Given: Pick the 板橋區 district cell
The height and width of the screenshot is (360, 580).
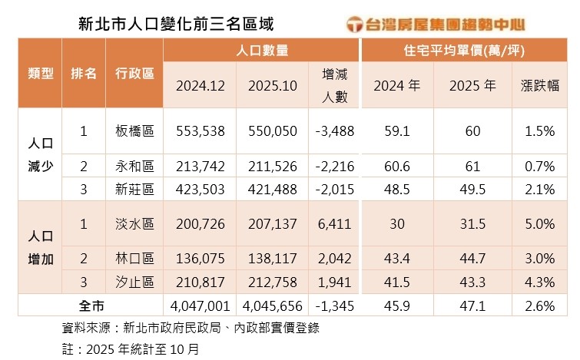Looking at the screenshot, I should (134, 131).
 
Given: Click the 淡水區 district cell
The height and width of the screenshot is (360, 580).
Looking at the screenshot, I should (134, 224).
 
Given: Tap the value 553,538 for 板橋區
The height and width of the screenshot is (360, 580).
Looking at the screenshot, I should (200, 131).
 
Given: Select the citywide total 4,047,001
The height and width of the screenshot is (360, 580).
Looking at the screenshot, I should (200, 306).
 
